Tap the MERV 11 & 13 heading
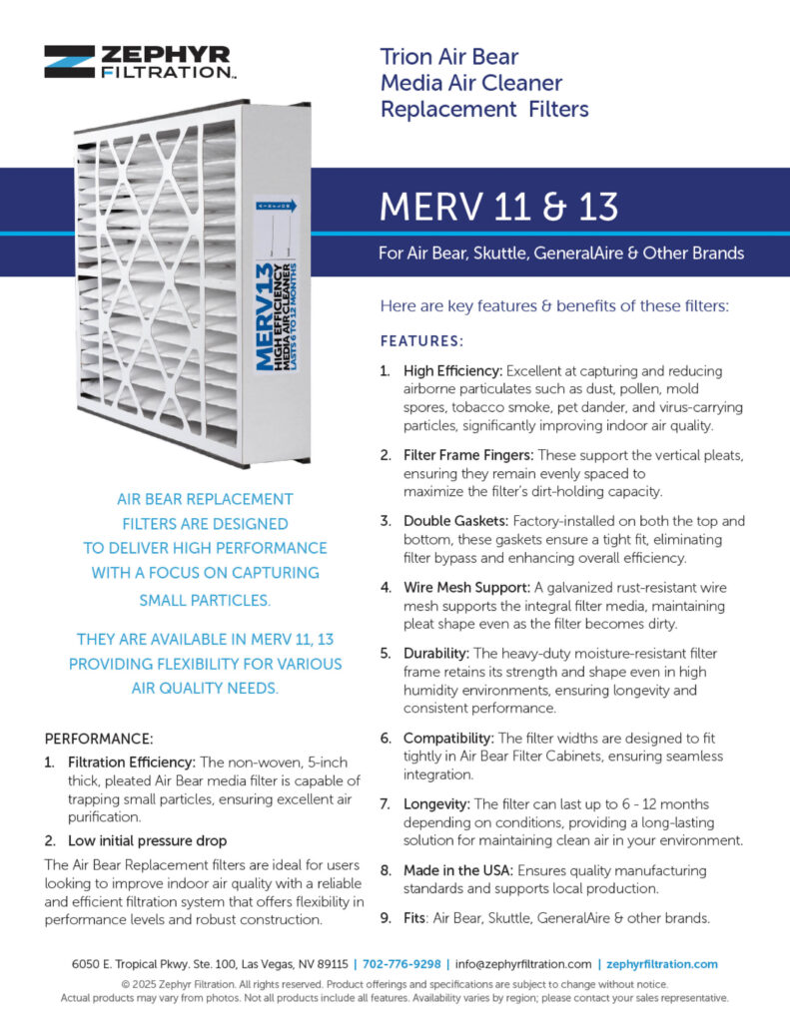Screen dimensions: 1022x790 [498, 206]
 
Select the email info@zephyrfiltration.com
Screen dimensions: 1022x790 [523, 964]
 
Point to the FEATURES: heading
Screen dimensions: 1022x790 [421, 341]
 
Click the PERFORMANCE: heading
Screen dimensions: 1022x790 [100, 740]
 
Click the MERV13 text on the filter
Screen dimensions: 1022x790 [264, 317]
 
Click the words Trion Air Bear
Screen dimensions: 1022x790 [449, 56]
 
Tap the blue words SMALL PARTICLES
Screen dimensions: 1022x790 [205, 601]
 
